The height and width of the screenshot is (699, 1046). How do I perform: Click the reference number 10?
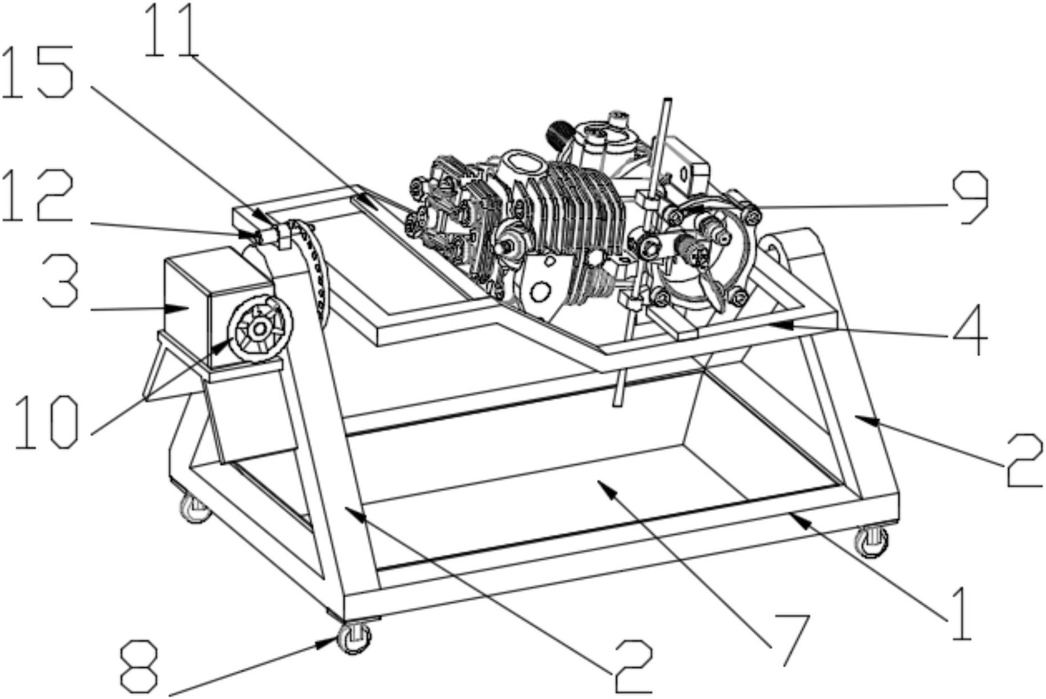(46, 422)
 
